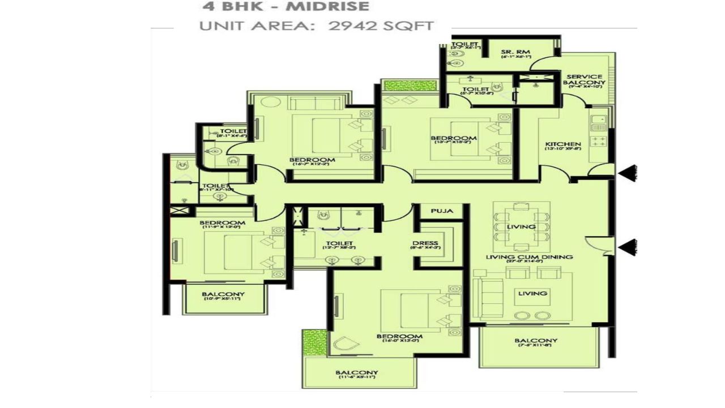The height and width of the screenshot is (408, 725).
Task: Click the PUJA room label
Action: click(442, 211)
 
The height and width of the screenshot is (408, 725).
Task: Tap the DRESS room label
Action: click(425, 244)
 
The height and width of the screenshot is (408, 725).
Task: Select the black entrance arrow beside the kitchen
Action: click(627, 174)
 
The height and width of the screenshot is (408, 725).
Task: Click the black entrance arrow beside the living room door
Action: click(627, 246)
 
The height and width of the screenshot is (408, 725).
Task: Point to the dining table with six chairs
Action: click(521, 227)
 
